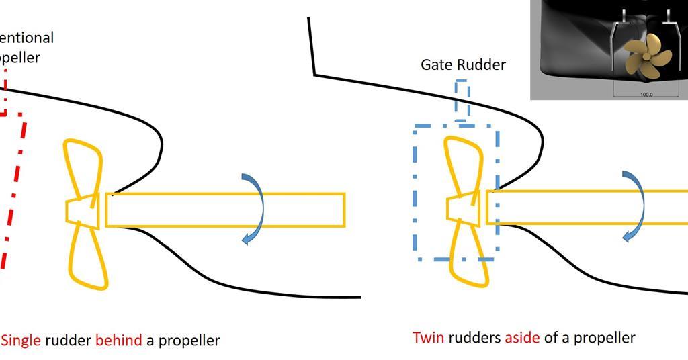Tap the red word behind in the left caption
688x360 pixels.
click(118, 340)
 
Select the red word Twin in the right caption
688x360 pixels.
click(428, 337)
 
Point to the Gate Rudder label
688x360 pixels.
click(463, 64)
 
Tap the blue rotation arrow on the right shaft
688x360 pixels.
click(635, 206)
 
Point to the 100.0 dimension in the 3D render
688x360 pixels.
click(646, 95)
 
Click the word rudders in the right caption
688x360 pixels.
click(474, 337)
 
